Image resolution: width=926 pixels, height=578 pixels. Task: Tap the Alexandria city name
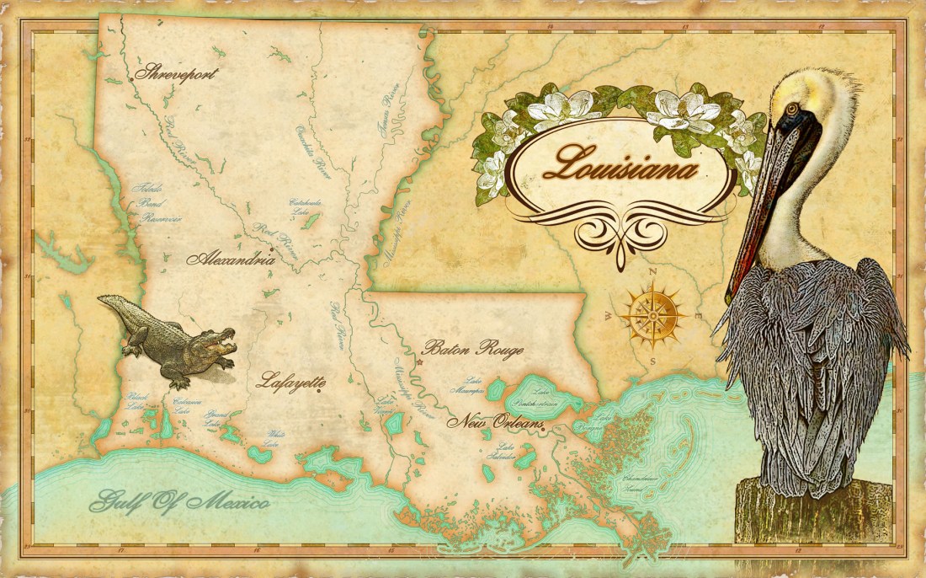231,259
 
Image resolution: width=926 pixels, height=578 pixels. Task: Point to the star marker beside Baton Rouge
418,362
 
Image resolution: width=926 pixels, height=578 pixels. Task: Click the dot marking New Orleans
544,430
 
